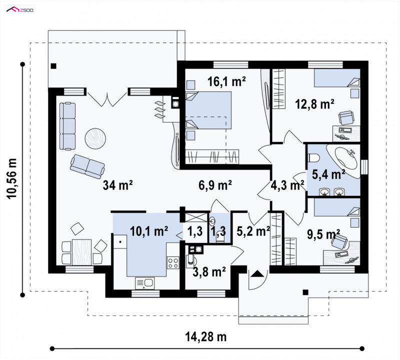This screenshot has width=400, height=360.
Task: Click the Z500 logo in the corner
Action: pyautogui.click(x=20, y=10)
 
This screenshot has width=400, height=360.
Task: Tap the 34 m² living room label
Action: pyautogui.click(x=117, y=184)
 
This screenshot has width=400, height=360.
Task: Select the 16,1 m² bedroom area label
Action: pyautogui.click(x=226, y=81)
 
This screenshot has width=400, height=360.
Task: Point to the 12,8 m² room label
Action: pyautogui.click(x=314, y=104)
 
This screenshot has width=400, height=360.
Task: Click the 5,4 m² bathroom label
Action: pyautogui.click(x=328, y=174)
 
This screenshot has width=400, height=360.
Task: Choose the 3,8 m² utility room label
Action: pyautogui.click(x=209, y=271)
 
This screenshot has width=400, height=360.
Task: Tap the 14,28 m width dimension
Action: pyautogui.click(x=205, y=337)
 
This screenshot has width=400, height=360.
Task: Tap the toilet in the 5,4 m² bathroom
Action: pyautogui.click(x=313, y=157)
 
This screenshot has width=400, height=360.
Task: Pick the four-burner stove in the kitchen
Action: pyautogui.click(x=173, y=263)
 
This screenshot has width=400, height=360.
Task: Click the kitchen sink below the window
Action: pyautogui.click(x=144, y=283)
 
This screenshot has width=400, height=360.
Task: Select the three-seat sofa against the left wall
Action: pyautogui.click(x=67, y=126)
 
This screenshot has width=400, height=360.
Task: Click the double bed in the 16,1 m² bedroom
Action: pyautogui.click(x=208, y=110)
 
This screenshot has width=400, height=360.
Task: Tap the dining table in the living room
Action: pyautogui.click(x=81, y=252)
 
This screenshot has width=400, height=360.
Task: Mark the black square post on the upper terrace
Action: pyautogui.click(x=53, y=66)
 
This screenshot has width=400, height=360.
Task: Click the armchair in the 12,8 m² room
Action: pyautogui.click(x=346, y=117)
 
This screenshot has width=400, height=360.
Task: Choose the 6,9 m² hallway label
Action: pyautogui.click(x=215, y=184)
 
